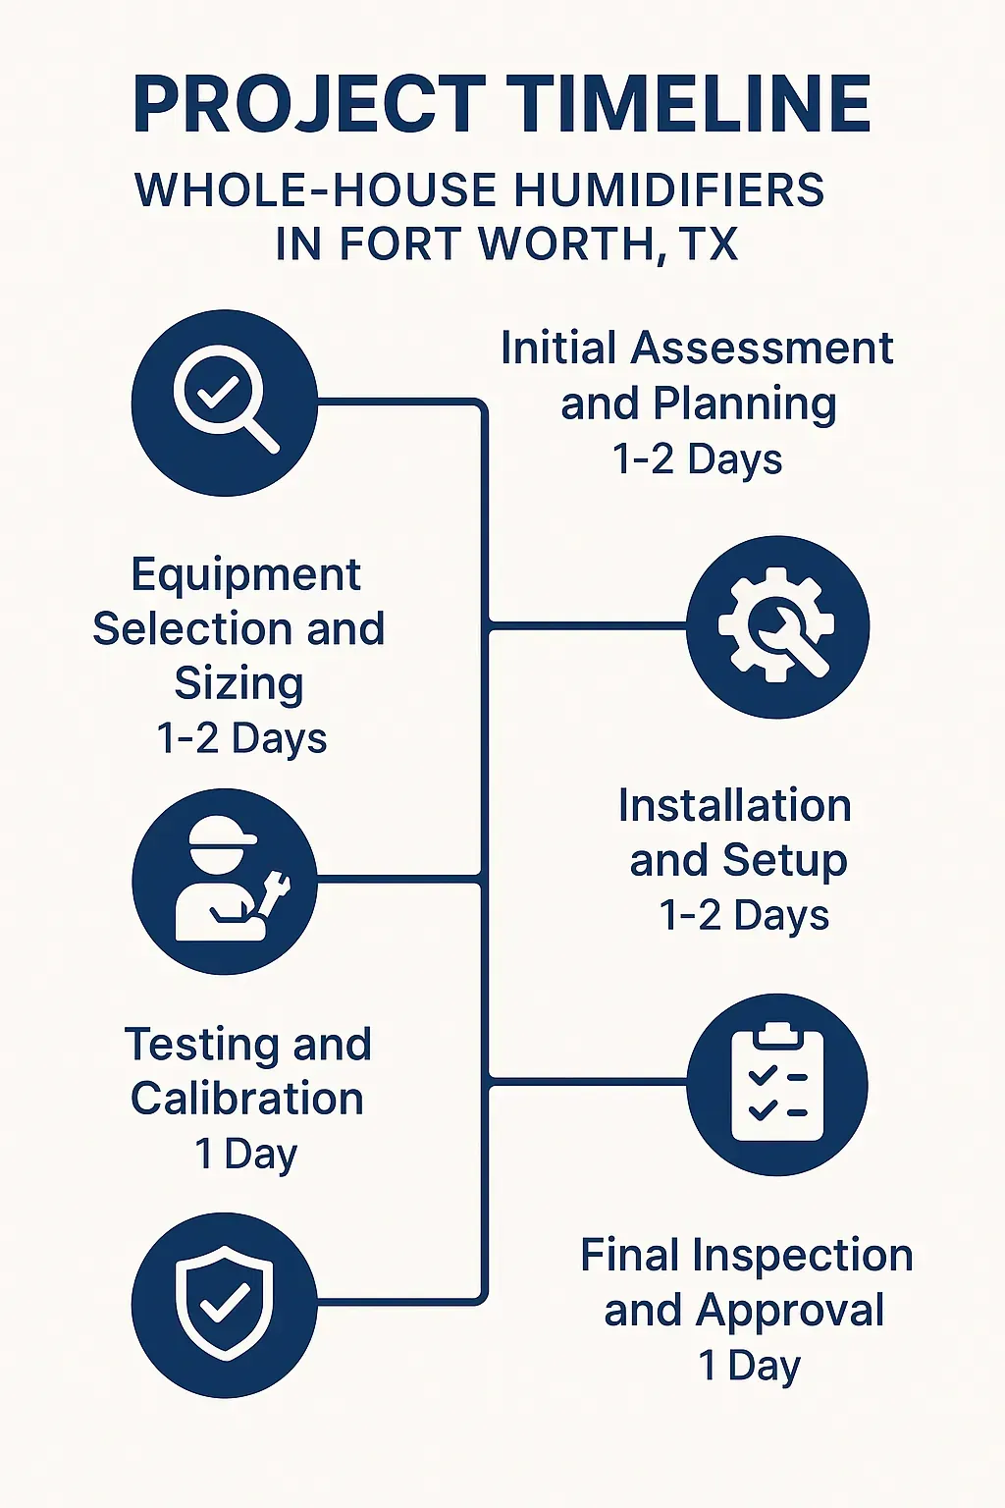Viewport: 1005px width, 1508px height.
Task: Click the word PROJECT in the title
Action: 308,104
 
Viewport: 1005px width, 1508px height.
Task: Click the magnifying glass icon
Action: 225,403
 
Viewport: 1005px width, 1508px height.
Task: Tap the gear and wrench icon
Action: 777,626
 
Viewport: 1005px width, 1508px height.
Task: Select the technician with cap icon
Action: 225,882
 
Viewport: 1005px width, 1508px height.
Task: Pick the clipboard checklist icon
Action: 777,1084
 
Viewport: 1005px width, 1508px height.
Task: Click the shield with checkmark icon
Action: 225,1304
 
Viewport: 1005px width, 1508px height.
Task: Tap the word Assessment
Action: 762,349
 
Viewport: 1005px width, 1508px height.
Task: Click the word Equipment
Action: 245,575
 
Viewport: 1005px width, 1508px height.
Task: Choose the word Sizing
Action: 238,683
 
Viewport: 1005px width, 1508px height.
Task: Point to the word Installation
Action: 734,806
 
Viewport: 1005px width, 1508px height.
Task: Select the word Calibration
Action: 247,1099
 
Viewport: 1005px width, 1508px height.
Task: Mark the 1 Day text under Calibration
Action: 245,1154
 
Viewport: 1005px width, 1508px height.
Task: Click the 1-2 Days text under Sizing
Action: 241,738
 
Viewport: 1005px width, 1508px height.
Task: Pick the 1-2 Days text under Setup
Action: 744,916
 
